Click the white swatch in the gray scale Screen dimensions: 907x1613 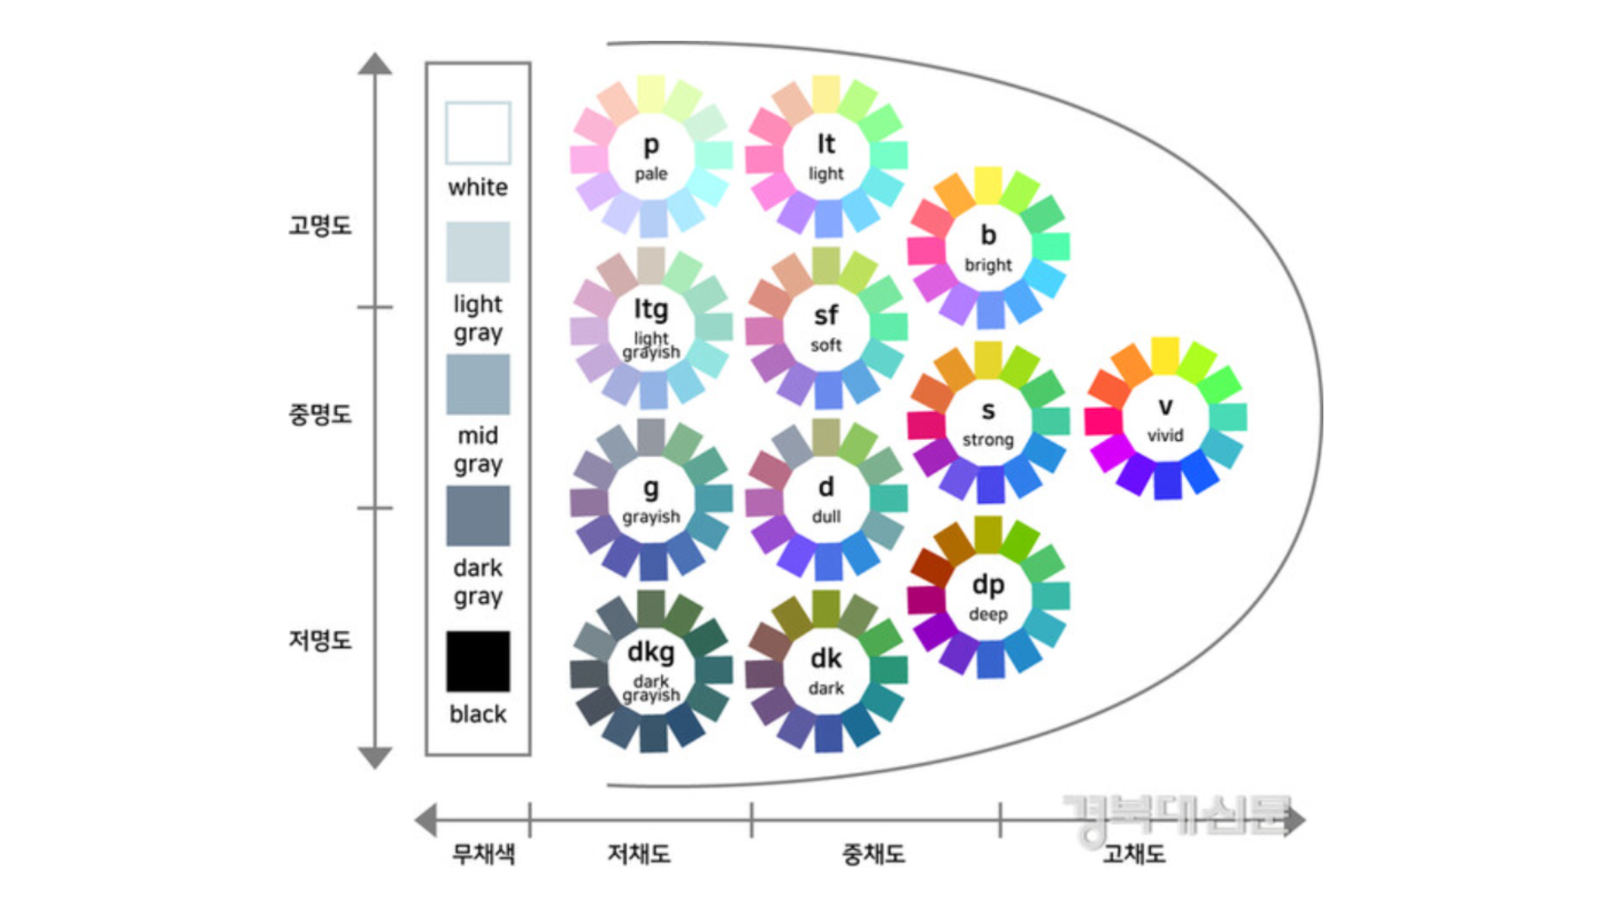tap(477, 133)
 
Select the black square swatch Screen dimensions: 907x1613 tap(477, 661)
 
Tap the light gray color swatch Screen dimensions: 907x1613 tap(477, 252)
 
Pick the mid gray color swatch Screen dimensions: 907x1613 tap(477, 384)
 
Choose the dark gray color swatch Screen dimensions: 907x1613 tap(477, 516)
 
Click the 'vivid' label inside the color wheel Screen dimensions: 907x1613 tap(1165, 435)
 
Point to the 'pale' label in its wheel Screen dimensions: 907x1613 tap(651, 174)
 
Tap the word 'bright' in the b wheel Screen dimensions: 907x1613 tap(988, 265)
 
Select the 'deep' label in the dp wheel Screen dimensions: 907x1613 tap(988, 614)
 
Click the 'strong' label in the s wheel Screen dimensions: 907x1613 tap(988, 440)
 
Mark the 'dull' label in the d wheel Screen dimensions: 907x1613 tap(826, 516)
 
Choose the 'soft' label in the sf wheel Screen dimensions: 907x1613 tap(826, 345)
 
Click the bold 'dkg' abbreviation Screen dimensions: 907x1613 tap(651, 652)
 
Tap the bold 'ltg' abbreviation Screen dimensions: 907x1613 tap(651, 309)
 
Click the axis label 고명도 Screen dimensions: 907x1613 tap(320, 225)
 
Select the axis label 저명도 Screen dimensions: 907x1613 tap(320, 640)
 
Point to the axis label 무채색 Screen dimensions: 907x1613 tap(483, 854)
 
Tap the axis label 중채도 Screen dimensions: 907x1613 tap(874, 854)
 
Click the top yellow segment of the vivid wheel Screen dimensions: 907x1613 tap(1165, 354)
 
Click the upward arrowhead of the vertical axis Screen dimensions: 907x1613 tap(375, 64)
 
